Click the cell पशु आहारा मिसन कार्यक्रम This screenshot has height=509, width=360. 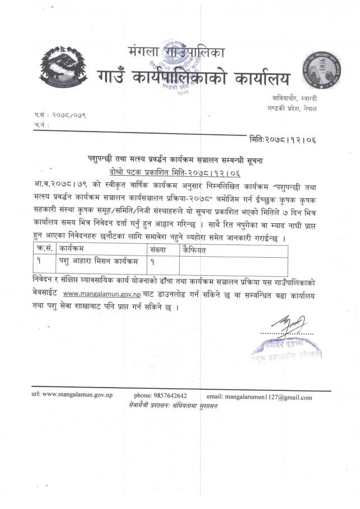pos(95,261)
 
